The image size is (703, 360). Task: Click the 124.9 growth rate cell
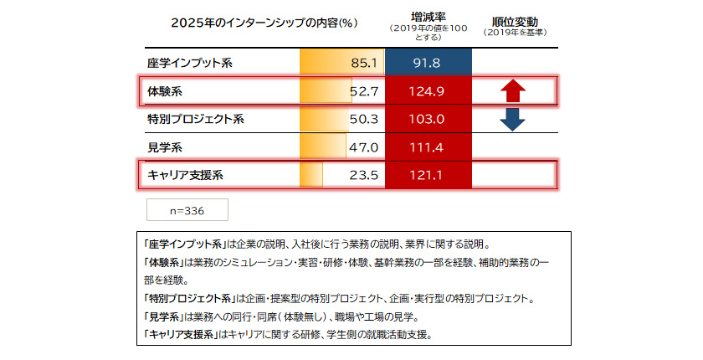pos(428,90)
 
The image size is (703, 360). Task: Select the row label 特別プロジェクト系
pos(195,119)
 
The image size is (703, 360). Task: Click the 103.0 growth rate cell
pos(428,119)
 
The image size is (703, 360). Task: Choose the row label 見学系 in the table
pos(165,147)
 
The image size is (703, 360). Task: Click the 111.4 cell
pos(428,147)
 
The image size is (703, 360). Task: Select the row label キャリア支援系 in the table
pos(185,176)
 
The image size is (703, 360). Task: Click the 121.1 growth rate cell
pos(428,176)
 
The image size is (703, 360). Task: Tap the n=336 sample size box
pos(187,210)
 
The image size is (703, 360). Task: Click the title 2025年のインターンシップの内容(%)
pos(264,23)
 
